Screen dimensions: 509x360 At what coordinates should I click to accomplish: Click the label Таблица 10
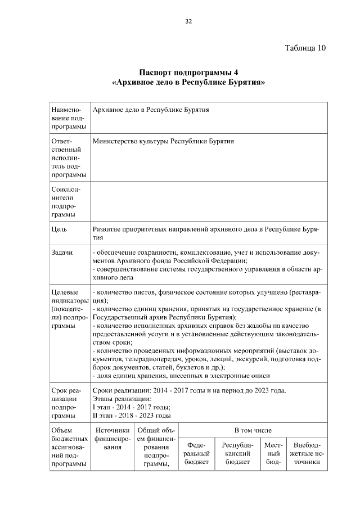point(305,47)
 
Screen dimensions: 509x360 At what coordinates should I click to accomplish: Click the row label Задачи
point(62,253)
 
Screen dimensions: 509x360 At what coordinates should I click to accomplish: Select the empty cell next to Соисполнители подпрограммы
point(208,202)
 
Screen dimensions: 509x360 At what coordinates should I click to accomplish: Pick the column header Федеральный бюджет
point(197,453)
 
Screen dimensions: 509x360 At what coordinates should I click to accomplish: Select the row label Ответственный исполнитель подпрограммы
point(64,158)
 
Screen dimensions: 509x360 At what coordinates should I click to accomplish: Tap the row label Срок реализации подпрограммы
point(66,403)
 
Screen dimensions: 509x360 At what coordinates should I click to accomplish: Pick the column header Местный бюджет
point(273,453)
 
